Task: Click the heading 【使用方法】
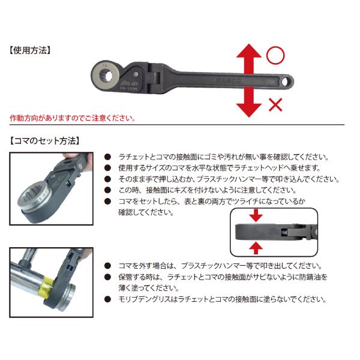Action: tap(32, 50)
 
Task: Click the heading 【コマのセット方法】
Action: tap(45, 142)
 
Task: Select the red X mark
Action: tap(275, 106)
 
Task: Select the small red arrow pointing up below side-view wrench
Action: tap(255, 247)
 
